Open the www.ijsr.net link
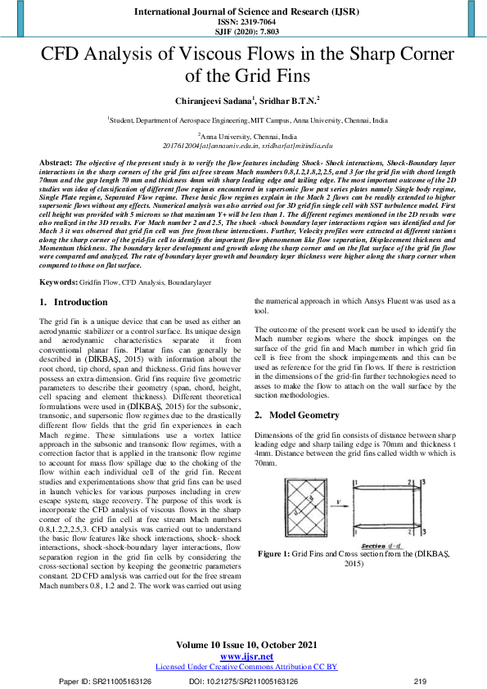tap(246, 657)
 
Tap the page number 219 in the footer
tap(422, 681)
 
